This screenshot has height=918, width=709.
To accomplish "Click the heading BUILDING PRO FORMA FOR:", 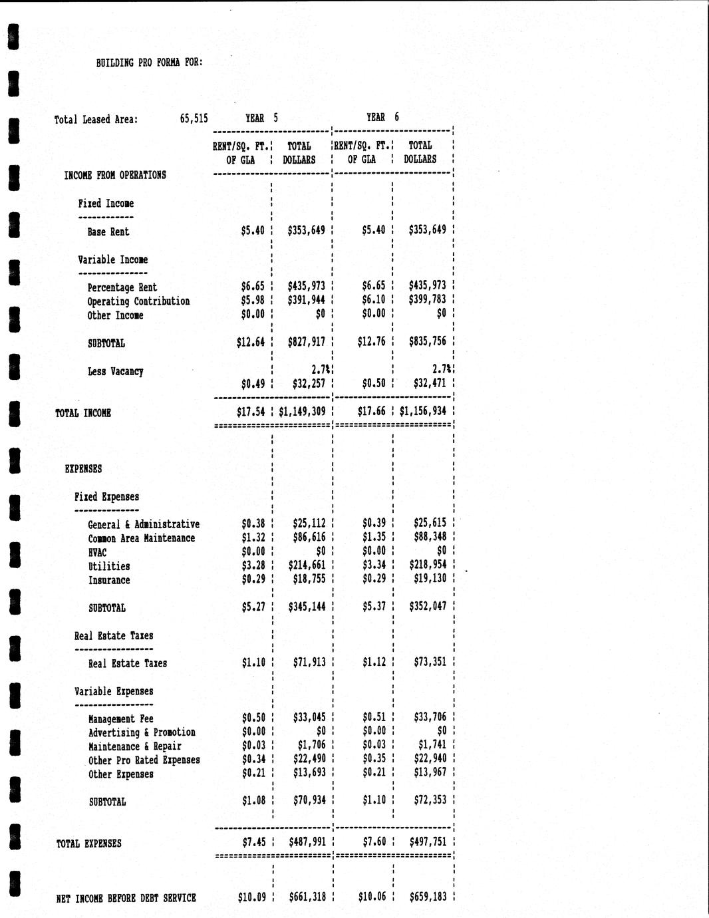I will click(x=149, y=63).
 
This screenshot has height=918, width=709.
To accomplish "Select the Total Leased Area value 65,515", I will click(x=194, y=119).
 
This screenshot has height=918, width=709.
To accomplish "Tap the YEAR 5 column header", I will click(x=261, y=118).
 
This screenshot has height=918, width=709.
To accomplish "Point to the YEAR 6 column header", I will click(x=382, y=117).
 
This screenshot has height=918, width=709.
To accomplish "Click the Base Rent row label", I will click(x=108, y=232).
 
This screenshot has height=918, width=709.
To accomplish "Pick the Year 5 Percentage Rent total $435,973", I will click(x=306, y=287).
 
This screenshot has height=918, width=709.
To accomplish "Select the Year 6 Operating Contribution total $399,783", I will click(x=427, y=300).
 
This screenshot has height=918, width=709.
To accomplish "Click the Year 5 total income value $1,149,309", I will click(x=302, y=412).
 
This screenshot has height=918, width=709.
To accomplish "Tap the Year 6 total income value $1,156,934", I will click(x=423, y=412).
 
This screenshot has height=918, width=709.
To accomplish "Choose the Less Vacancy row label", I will click(x=115, y=372).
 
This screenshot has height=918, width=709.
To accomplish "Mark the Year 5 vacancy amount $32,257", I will click(x=309, y=384).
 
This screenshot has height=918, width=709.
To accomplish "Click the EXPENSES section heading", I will click(x=83, y=469).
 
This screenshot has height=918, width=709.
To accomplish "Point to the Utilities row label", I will click(x=109, y=567).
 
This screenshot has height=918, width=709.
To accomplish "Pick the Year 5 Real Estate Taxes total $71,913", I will click(x=309, y=663).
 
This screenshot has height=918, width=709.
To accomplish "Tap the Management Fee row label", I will click(x=120, y=719).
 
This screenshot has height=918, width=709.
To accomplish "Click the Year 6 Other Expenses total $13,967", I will click(x=430, y=772).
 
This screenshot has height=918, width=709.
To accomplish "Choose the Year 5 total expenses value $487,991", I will click(x=307, y=842).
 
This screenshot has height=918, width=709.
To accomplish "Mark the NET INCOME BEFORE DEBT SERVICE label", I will click(x=126, y=898).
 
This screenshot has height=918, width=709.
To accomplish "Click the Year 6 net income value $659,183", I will click(x=428, y=897).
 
